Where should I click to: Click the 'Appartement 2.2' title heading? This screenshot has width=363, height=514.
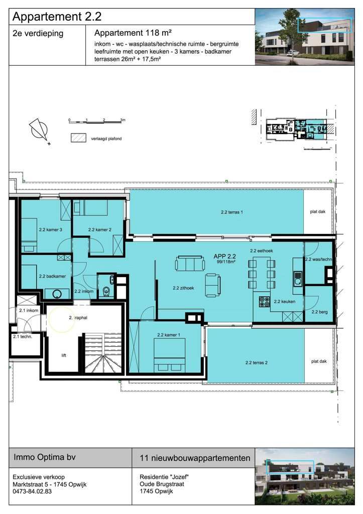[57, 16]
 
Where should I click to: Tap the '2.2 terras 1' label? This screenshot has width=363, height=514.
[232, 212]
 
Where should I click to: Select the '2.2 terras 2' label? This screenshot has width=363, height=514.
[256, 362]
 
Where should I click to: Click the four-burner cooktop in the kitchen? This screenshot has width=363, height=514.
[264, 302]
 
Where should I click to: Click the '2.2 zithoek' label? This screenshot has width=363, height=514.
[183, 288]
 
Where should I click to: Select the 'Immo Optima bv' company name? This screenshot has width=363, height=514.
[41, 458]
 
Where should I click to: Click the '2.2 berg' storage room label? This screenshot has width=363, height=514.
[319, 312]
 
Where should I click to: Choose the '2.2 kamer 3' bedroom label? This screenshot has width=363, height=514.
[50, 229]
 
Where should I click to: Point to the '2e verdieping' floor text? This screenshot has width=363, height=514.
[38, 33]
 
